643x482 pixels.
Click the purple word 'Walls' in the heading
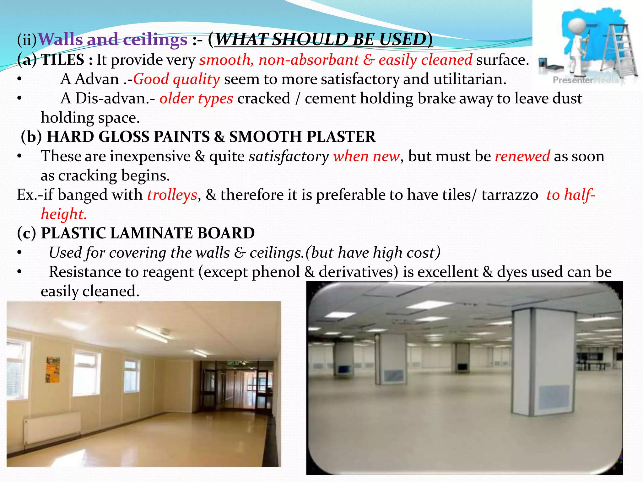[x=60, y=40]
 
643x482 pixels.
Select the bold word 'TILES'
[x=63, y=60]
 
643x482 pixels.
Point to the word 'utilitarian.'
[x=470, y=79]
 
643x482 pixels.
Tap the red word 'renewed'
[x=522, y=156]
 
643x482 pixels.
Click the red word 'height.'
[x=64, y=214]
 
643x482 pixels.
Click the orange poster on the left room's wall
[x=53, y=370]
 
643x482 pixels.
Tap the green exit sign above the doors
[x=234, y=363]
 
